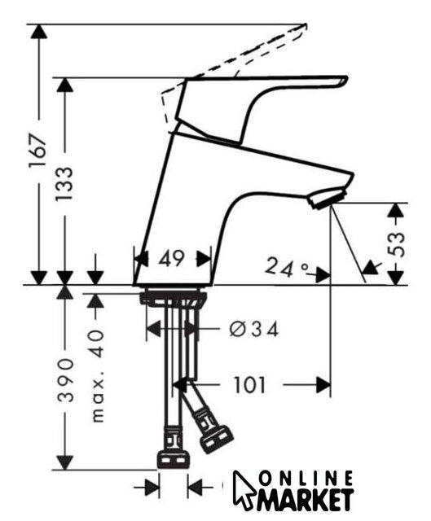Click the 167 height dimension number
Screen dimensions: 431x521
click(x=37, y=151)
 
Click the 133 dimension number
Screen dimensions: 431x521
click(x=64, y=184)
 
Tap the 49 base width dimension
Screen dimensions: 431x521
click(x=171, y=258)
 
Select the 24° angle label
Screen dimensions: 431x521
click(x=286, y=267)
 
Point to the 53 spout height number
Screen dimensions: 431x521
click(x=397, y=244)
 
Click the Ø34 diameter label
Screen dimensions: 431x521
click(x=253, y=330)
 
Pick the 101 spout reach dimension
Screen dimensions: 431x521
click(x=250, y=385)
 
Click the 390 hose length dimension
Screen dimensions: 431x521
click(x=65, y=380)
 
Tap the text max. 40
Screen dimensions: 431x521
click(x=97, y=376)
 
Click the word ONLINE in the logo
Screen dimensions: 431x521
click(x=306, y=479)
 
